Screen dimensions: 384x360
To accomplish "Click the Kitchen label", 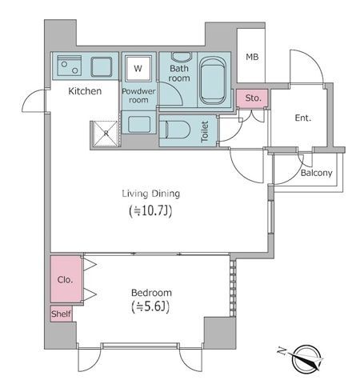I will pos(85,91).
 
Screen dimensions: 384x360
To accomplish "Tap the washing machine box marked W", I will pos(138,69).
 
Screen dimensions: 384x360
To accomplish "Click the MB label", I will pos(252,57).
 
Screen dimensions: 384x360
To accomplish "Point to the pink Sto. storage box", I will pos(254,98).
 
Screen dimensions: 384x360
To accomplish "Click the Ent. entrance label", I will pos(303,118).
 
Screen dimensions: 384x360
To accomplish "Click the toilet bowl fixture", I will pos(176,130).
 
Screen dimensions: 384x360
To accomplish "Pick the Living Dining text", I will pos(150,194).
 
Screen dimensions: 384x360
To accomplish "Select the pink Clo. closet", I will pos(66,279).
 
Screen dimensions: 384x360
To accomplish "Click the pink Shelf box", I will pos(62,314).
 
